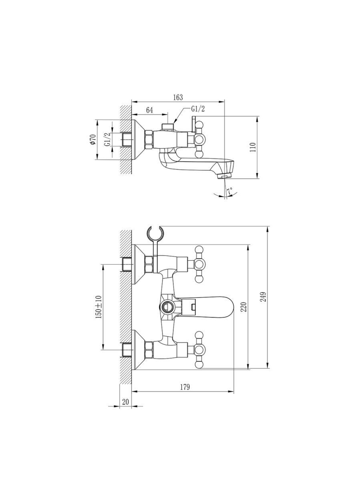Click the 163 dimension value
[178, 97]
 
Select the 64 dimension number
[149, 110]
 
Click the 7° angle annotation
[229, 192]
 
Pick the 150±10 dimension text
[99, 307]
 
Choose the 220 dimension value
[244, 307]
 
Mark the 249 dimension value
[263, 297]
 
